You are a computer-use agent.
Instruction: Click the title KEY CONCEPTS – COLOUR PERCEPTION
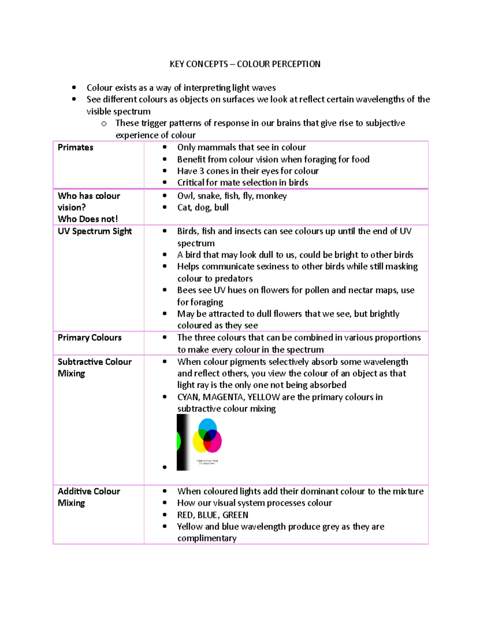pyautogui.click(x=245, y=64)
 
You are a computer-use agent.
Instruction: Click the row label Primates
pyautogui.click(x=75, y=147)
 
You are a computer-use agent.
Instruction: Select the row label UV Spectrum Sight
pyautogui.click(x=95, y=231)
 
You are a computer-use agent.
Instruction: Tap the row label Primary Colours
pyautogui.click(x=90, y=338)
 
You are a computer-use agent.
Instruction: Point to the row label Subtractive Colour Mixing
pyautogui.click(x=95, y=367)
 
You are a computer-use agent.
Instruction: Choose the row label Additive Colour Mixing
pyautogui.click(x=89, y=497)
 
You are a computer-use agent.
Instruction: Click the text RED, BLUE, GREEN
pyautogui.click(x=212, y=515)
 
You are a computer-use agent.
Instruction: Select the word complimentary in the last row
pyautogui.click(x=207, y=539)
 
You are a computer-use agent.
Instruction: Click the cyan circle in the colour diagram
pyautogui.click(x=207, y=426)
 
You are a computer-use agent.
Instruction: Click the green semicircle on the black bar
pyautogui.click(x=178, y=442)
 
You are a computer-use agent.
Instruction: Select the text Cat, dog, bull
pyautogui.click(x=203, y=208)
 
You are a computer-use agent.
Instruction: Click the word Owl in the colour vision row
pyautogui.click(x=185, y=196)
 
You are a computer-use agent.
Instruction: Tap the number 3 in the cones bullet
pyautogui.click(x=201, y=171)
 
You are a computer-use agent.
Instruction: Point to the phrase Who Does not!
pyautogui.click(x=88, y=219)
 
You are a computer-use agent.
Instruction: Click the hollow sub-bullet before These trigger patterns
pyautogui.click(x=104, y=124)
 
